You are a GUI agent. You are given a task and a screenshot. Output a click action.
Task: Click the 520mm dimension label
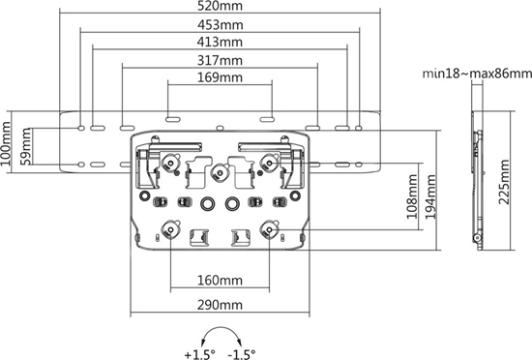pyautogui.click(x=218, y=8)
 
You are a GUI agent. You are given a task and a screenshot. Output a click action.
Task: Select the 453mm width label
pyautogui.click(x=218, y=25)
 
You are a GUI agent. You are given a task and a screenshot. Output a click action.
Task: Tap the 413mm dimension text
pyautogui.click(x=218, y=43)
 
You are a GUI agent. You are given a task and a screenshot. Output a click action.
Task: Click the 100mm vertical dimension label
pyautogui.click(x=9, y=144)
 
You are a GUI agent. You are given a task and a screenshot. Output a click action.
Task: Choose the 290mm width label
pyautogui.click(x=218, y=305)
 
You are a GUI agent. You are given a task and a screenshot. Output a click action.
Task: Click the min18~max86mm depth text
pyautogui.click(x=474, y=73)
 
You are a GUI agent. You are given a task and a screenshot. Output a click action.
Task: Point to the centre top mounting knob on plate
pyautogui.click(x=220, y=174)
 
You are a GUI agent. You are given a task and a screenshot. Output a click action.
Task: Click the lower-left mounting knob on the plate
pyautogui.click(x=171, y=230)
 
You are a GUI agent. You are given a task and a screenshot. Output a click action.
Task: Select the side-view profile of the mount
pyautogui.click(x=475, y=179)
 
